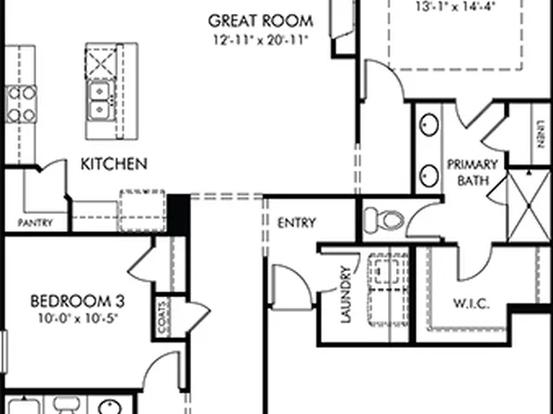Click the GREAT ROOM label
click(x=260, y=19)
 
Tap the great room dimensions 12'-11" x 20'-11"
click(x=260, y=40)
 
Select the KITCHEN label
click(x=114, y=164)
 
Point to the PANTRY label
click(x=43, y=224)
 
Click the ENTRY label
click(x=296, y=223)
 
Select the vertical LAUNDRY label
click(x=345, y=296)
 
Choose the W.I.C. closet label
click(x=471, y=304)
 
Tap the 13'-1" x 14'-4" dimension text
click(x=444, y=6)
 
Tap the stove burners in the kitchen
click(x=19, y=104)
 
